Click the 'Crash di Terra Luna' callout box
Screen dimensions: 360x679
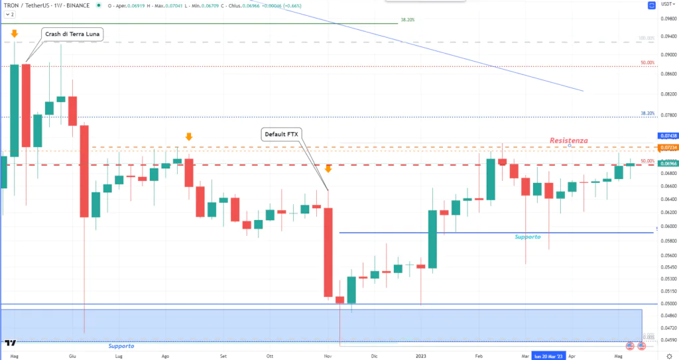point(73,33)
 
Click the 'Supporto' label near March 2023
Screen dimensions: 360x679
point(528,237)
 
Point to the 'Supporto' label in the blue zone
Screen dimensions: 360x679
point(121,346)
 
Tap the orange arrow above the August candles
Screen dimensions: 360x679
point(188,137)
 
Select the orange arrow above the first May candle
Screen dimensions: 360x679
point(14,32)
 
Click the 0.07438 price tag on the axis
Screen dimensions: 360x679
point(666,136)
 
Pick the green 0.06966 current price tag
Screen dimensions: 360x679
point(666,163)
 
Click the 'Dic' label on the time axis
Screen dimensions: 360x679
point(374,355)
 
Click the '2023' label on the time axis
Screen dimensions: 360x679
point(421,355)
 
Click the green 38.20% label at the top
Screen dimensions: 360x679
point(408,21)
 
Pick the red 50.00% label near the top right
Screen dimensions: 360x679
point(647,62)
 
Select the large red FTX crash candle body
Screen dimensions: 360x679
point(328,252)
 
